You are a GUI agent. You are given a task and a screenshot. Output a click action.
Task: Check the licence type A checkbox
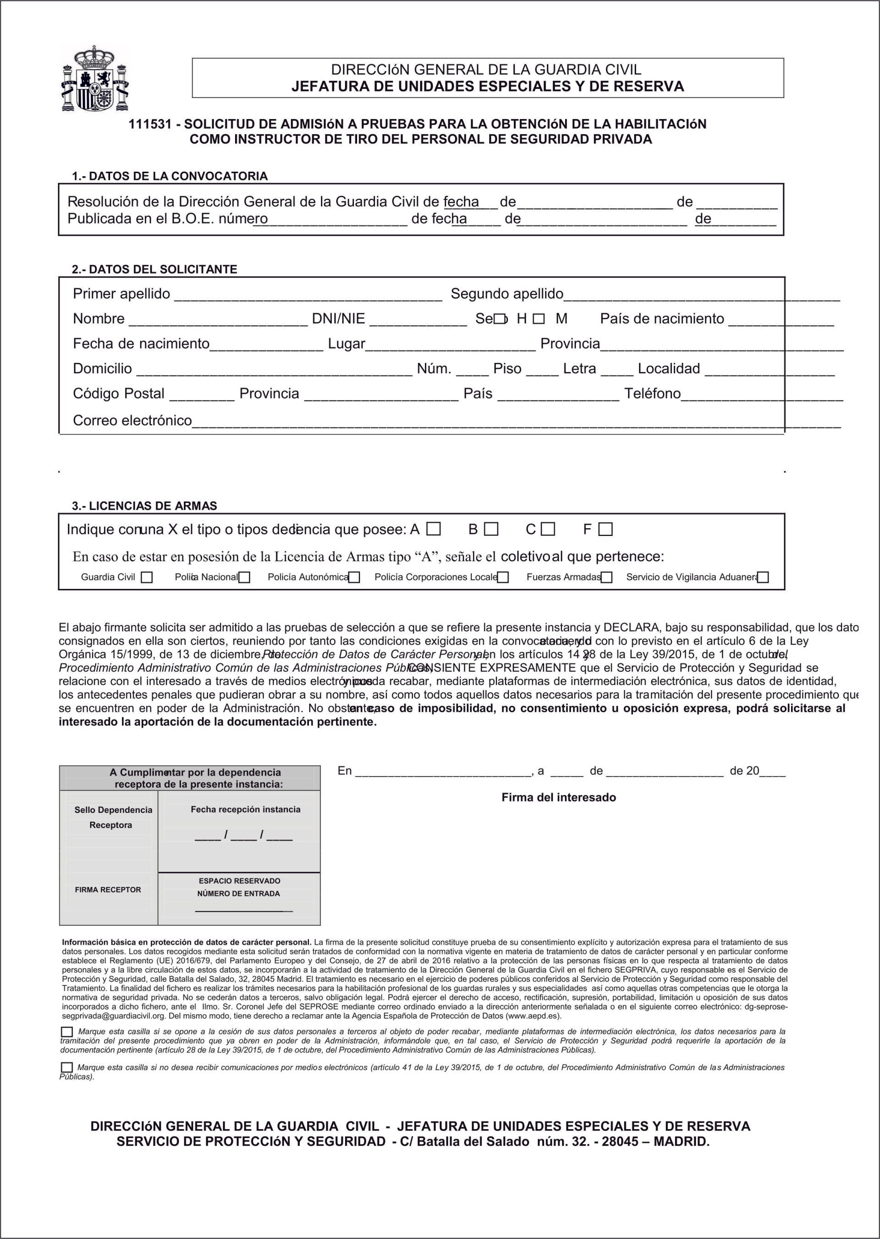point(433,529)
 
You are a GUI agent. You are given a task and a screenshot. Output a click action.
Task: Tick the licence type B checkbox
point(491,529)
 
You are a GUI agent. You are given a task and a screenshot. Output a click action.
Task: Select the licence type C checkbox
point(548,529)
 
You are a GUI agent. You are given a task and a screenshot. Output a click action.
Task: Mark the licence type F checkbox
point(606,529)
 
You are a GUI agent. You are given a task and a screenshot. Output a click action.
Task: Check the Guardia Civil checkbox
point(146,577)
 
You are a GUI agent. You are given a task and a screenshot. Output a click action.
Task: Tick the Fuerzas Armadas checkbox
point(607,577)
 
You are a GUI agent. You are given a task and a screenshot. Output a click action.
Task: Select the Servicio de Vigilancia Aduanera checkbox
point(763,577)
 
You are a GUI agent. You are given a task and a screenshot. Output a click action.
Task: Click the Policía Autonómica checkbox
point(354,577)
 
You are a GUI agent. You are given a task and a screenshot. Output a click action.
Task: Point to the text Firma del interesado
point(559,797)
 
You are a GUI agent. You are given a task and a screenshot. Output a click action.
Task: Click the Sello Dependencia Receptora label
point(113,818)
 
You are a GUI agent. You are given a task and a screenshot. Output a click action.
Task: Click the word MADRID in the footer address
point(681,1142)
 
